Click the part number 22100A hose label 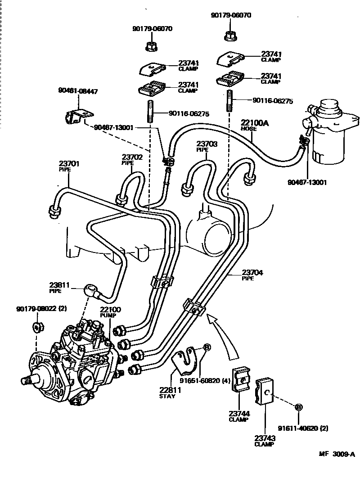(x=254, y=125)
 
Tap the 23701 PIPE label (x=69, y=166)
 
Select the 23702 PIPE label (x=132, y=160)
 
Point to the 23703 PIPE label (x=207, y=146)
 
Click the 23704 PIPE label (x=252, y=275)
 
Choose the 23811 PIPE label (x=59, y=287)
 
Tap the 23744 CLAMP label (x=238, y=416)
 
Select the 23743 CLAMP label (x=264, y=441)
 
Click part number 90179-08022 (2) (x=41, y=309)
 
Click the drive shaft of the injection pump (x=28, y=380)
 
